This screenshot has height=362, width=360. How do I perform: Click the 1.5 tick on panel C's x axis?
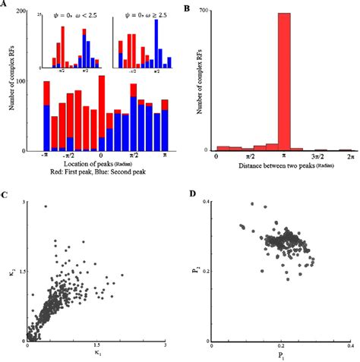[96, 345]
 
